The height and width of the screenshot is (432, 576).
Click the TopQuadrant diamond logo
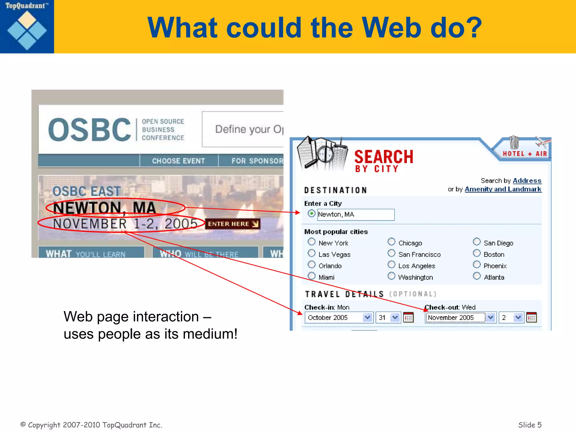[27, 30]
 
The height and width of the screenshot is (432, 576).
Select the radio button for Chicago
[391, 242]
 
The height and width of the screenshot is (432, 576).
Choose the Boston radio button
[476, 253]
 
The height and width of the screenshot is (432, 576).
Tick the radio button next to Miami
[311, 276]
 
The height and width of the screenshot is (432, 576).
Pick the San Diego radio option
[476, 242]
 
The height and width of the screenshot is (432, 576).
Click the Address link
[527, 181]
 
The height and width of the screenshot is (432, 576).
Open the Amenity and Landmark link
[503, 189]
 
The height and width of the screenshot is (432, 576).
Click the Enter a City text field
[356, 215]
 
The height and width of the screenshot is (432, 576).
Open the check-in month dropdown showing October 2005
[339, 318]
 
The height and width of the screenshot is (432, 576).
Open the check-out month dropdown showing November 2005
[460, 318]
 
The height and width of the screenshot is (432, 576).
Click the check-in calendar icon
[408, 318]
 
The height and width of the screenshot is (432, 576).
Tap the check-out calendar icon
[531, 318]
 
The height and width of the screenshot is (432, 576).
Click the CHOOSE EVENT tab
[178, 161]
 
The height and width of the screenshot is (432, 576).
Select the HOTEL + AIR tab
[525, 154]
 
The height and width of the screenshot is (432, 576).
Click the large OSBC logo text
[89, 130]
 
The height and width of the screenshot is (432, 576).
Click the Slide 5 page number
[530, 425]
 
